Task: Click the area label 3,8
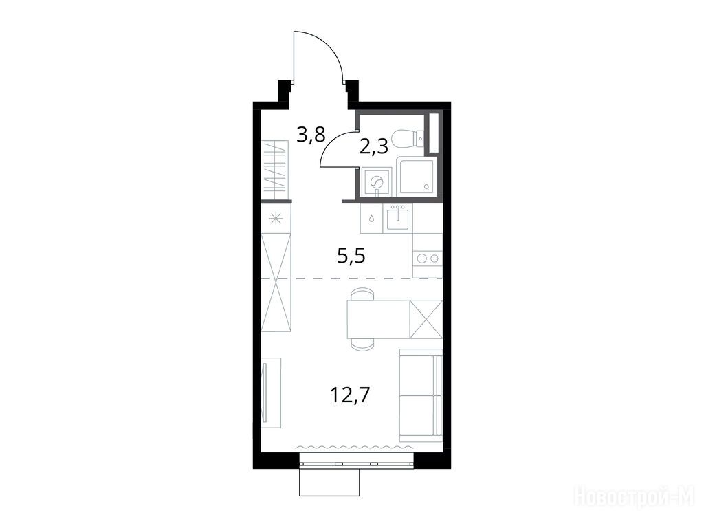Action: tap(311, 134)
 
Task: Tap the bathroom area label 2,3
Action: tap(373, 146)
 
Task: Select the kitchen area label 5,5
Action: tap(351, 257)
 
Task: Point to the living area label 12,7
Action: tap(350, 395)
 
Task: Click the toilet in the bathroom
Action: tap(408, 138)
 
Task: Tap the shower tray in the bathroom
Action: tap(416, 175)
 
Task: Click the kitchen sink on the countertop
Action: tap(398, 218)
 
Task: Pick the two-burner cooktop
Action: tap(428, 258)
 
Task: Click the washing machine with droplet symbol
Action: tap(371, 218)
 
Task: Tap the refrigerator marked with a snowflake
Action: tap(276, 219)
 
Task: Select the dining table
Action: tap(378, 319)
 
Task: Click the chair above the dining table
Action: tap(362, 294)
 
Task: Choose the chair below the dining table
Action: tap(362, 344)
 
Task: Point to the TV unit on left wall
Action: tap(271, 393)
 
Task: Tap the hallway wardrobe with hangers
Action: tap(274, 170)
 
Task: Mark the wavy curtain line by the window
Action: tap(353, 447)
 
